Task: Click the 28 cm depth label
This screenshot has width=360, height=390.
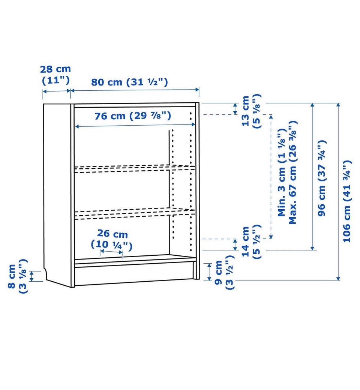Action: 55,75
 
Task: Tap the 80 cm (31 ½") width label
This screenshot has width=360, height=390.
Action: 129,82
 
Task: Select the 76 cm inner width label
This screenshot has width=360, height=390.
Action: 133,115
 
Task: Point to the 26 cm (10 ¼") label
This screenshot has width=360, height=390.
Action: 112,239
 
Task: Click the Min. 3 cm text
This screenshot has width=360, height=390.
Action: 282,172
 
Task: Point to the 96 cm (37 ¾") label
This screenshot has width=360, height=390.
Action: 322,178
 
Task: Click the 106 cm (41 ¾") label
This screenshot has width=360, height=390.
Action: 347,201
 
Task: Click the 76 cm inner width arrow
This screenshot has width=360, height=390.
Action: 135,126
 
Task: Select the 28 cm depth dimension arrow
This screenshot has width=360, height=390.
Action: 57,91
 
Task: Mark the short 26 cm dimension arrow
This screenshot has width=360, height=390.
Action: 111,252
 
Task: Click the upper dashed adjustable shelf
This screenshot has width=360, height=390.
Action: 135,168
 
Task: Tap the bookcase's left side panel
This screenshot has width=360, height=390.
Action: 57,194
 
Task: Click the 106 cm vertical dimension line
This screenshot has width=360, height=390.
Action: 338,192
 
